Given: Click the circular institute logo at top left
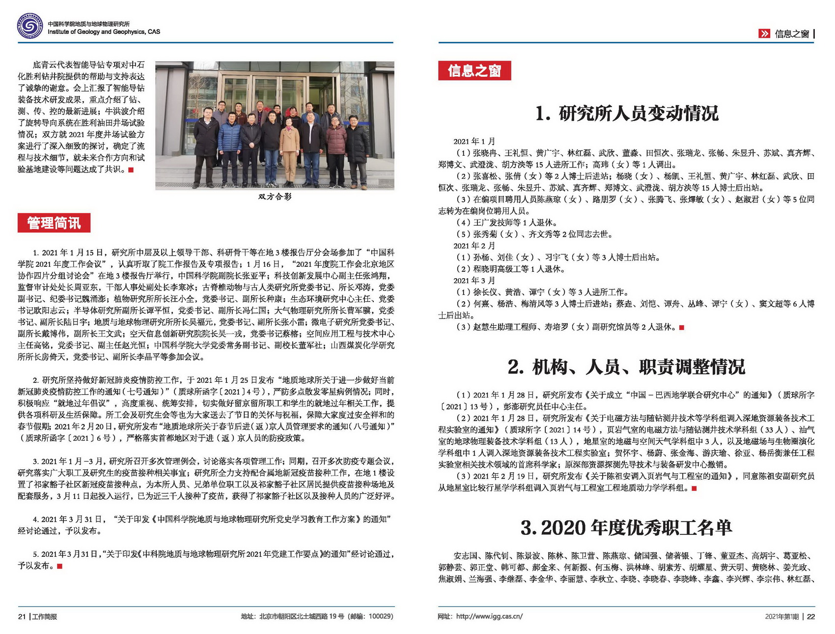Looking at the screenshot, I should pyautogui.click(x=29, y=26).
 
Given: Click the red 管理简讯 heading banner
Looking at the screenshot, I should pyautogui.click(x=54, y=223).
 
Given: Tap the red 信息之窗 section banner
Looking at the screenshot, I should pyautogui.click(x=474, y=71).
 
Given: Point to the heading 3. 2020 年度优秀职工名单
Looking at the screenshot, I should pyautogui.click(x=626, y=528).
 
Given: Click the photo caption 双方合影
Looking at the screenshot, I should pyautogui.click(x=275, y=197).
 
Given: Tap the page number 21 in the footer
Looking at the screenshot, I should pyautogui.click(x=22, y=616).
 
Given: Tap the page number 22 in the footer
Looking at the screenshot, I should pyautogui.click(x=811, y=616).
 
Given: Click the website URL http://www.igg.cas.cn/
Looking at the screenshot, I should pyautogui.click(x=489, y=616).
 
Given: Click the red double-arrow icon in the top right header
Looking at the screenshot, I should pyautogui.click(x=764, y=33).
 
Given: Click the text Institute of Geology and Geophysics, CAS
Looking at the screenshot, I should pyautogui.click(x=104, y=32).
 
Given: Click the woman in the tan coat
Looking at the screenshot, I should pyautogui.click(x=289, y=147).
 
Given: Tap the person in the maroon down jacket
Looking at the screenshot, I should pyautogui.click(x=336, y=147).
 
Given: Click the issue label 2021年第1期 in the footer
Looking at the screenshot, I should pyautogui.click(x=781, y=616).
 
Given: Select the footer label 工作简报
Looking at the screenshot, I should pyautogui.click(x=45, y=616).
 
